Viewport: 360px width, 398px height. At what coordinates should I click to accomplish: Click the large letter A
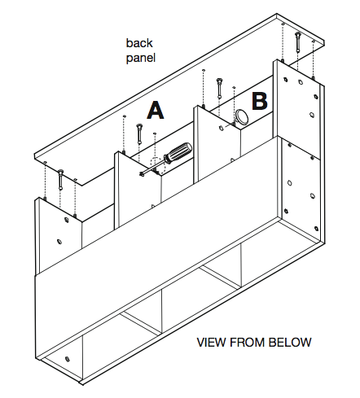tap(156, 110)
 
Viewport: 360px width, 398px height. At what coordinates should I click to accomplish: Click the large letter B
tap(260, 101)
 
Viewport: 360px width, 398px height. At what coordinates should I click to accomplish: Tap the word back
tap(139, 43)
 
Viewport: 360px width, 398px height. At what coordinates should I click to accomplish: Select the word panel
tap(141, 58)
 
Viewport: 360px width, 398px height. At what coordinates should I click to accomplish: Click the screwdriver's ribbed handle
tap(178, 153)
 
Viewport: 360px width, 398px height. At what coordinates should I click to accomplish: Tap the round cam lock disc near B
tap(241, 116)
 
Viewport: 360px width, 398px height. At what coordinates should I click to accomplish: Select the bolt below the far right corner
tap(297, 42)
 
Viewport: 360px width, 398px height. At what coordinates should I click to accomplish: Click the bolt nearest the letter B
tap(219, 88)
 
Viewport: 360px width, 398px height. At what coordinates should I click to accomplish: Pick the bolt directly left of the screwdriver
tap(139, 133)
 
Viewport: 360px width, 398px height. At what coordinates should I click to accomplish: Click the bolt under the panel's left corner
tap(60, 179)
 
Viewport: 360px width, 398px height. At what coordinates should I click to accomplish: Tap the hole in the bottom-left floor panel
tap(67, 359)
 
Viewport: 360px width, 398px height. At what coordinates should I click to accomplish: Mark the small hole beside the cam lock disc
tap(222, 128)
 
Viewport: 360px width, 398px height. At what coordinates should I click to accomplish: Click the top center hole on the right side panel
tap(301, 81)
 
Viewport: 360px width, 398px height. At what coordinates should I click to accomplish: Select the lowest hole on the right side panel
tap(316, 229)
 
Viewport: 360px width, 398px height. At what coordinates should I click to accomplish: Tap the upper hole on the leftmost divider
tap(66, 219)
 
